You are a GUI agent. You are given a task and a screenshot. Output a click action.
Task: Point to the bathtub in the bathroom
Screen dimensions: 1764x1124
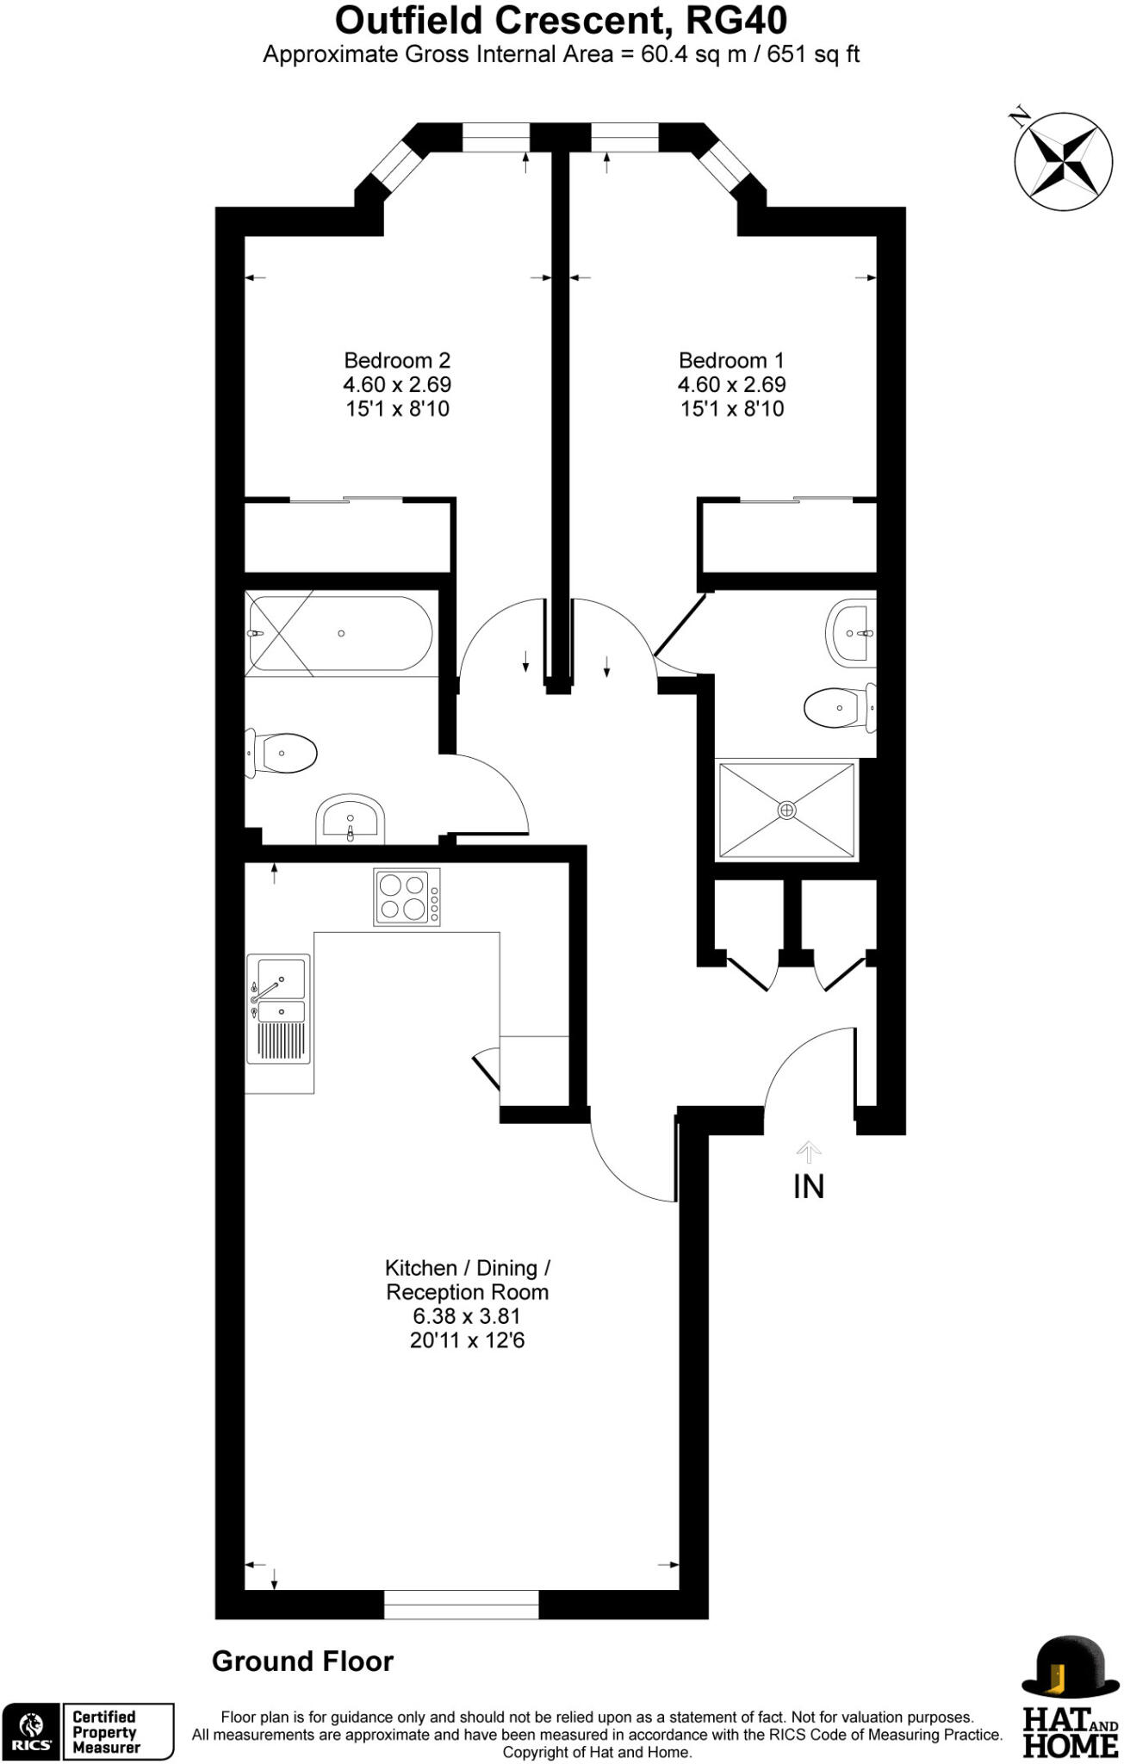tap(339, 633)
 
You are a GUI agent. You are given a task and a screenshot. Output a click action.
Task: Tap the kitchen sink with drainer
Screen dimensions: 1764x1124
tap(278, 1009)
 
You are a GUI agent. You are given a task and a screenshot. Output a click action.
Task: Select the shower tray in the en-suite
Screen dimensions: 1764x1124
tap(786, 810)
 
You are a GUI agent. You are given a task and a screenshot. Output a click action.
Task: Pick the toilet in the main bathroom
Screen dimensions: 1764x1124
tap(284, 754)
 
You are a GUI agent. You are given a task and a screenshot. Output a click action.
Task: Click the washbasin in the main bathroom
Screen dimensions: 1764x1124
tap(350, 819)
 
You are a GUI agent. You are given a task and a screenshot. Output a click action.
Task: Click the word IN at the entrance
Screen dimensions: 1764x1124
tap(808, 1187)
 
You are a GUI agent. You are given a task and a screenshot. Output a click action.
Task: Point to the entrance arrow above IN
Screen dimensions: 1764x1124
tap(808, 1151)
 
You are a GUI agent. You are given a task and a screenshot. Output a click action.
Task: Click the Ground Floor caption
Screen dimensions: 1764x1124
tap(302, 1661)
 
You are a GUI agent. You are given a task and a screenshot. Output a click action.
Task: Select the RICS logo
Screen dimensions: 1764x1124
tap(31, 1731)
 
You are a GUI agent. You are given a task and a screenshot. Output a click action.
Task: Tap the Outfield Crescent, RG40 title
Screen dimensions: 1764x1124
tap(561, 21)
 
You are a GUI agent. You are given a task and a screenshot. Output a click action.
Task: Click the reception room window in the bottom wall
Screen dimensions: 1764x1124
tap(461, 1604)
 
